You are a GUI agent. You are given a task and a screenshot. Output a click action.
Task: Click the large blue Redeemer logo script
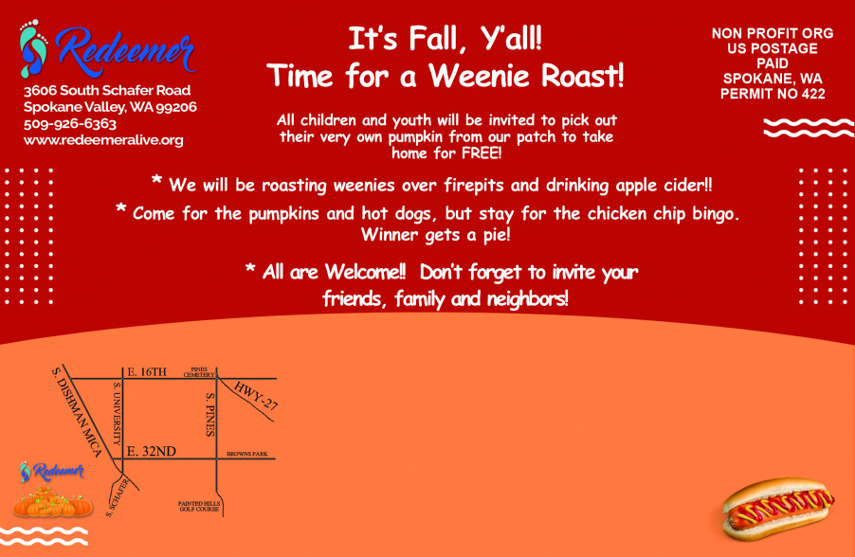pyautogui.click(x=125, y=52)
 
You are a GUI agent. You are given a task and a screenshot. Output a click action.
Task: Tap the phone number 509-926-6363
pyautogui.click(x=70, y=124)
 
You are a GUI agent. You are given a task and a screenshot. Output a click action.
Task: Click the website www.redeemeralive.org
pyautogui.click(x=103, y=140)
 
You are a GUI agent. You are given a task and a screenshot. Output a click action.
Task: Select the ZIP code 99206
pyautogui.click(x=176, y=107)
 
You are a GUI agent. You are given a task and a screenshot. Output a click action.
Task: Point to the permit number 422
pyautogui.click(x=813, y=94)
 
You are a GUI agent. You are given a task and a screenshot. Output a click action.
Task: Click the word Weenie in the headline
pyautogui.click(x=480, y=75)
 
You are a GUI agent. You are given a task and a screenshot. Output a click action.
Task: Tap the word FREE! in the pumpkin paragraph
pyautogui.click(x=482, y=153)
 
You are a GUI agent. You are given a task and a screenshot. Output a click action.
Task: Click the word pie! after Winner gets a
pyautogui.click(x=497, y=235)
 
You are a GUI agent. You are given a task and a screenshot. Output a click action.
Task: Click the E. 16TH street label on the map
pyautogui.click(x=147, y=371)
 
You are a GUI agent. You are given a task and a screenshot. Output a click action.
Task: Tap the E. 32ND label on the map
pyautogui.click(x=151, y=451)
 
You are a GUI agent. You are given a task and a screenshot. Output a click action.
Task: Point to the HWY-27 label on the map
pyautogui.click(x=256, y=396)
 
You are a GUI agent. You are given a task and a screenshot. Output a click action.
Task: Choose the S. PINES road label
pyautogui.click(x=209, y=414)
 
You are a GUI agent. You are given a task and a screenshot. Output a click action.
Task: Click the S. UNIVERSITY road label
pyautogui.click(x=117, y=414)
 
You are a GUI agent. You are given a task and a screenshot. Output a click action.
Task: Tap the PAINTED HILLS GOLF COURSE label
pyautogui.click(x=199, y=506)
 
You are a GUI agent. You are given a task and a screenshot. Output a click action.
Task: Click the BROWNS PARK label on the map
pyautogui.click(x=247, y=454)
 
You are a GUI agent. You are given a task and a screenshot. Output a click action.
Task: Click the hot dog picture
pyautogui.click(x=777, y=509)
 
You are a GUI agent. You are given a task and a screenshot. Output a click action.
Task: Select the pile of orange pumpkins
pyautogui.click(x=52, y=501)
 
